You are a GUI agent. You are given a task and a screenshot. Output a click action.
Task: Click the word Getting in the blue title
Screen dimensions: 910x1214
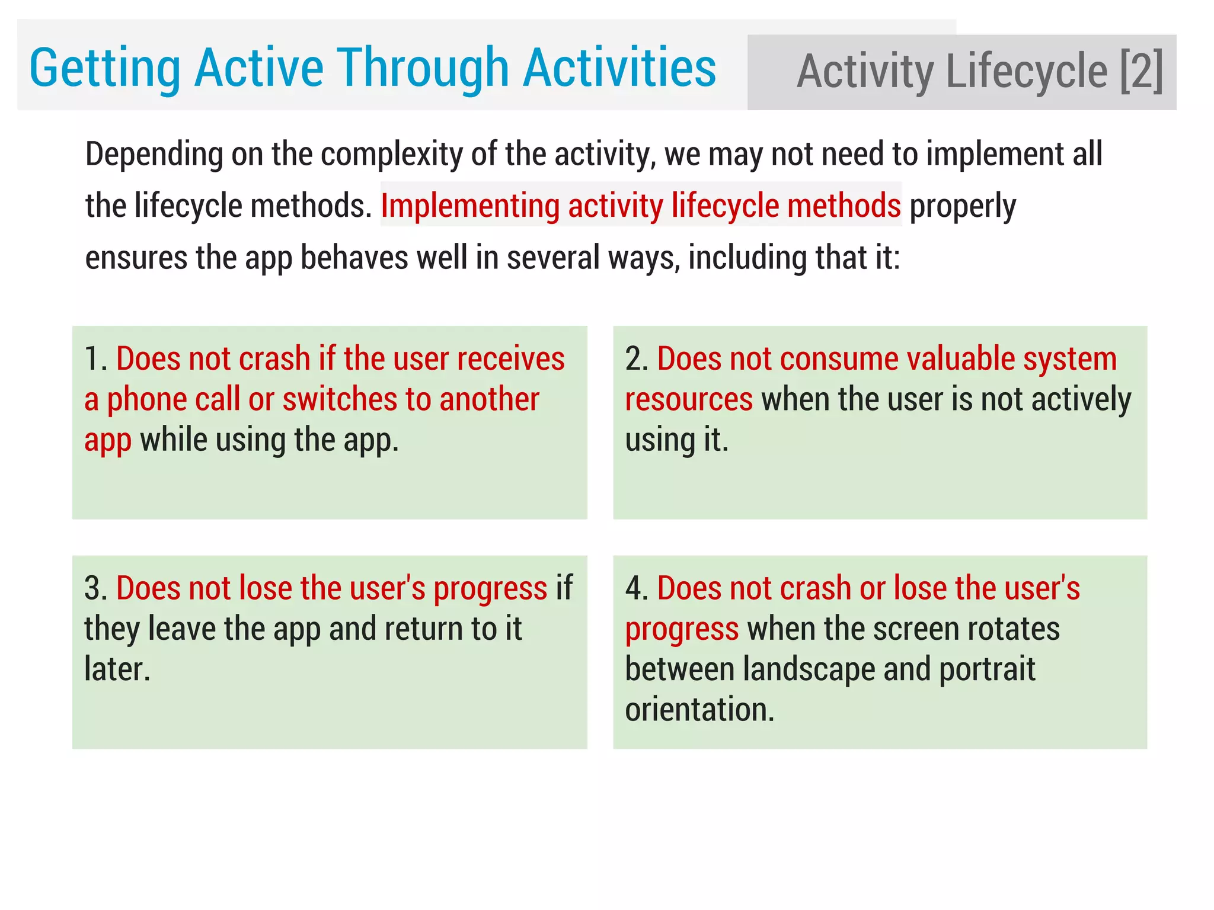[x=104, y=69]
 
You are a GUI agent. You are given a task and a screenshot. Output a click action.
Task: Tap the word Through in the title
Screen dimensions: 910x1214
[x=423, y=69]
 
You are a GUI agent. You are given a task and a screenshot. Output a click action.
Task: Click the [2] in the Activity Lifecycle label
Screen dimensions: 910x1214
[x=1141, y=72]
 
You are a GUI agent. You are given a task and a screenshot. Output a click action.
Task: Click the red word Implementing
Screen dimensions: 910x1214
[x=470, y=206]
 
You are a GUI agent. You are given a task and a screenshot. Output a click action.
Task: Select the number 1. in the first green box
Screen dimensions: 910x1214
[x=95, y=359]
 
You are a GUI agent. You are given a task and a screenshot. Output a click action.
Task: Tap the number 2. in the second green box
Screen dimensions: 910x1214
[x=637, y=359]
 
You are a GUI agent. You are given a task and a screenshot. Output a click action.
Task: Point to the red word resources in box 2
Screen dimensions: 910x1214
[x=689, y=400]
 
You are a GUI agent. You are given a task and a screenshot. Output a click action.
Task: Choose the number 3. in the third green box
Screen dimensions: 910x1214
[x=95, y=588]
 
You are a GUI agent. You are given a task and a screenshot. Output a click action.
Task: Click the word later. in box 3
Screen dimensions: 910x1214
[x=117, y=669]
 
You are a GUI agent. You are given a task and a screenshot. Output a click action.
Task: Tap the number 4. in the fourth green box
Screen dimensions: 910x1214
[x=637, y=588]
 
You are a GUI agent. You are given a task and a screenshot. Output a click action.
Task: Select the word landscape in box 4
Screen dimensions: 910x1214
[x=809, y=669]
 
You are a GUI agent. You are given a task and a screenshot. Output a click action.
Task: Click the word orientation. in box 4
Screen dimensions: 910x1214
[x=699, y=710]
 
